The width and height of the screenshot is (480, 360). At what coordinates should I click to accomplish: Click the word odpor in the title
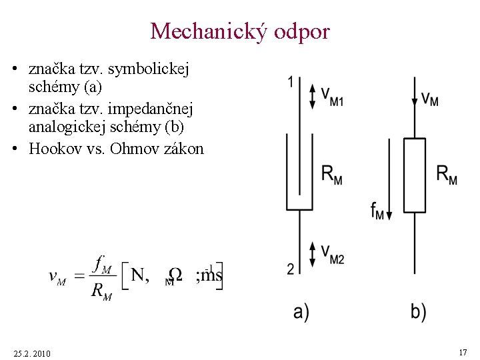click(x=301, y=31)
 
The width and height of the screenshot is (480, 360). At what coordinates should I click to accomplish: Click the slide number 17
click(x=463, y=351)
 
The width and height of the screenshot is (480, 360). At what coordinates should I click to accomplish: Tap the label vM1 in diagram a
click(x=332, y=96)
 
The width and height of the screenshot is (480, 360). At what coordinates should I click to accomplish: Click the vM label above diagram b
click(x=429, y=99)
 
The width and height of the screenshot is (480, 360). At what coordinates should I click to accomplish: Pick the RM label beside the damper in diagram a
click(x=331, y=175)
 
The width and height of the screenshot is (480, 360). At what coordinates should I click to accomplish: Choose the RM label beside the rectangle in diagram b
click(x=447, y=175)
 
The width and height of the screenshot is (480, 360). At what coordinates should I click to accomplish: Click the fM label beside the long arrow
click(x=377, y=210)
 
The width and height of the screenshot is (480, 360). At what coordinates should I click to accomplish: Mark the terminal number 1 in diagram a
click(x=290, y=82)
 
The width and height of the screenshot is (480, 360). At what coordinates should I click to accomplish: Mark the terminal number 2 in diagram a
click(x=291, y=269)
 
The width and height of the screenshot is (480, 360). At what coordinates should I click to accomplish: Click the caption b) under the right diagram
click(x=418, y=311)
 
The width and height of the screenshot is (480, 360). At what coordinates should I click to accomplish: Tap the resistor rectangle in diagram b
click(x=415, y=175)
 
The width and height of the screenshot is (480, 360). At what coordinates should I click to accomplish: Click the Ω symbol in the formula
click(x=175, y=275)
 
